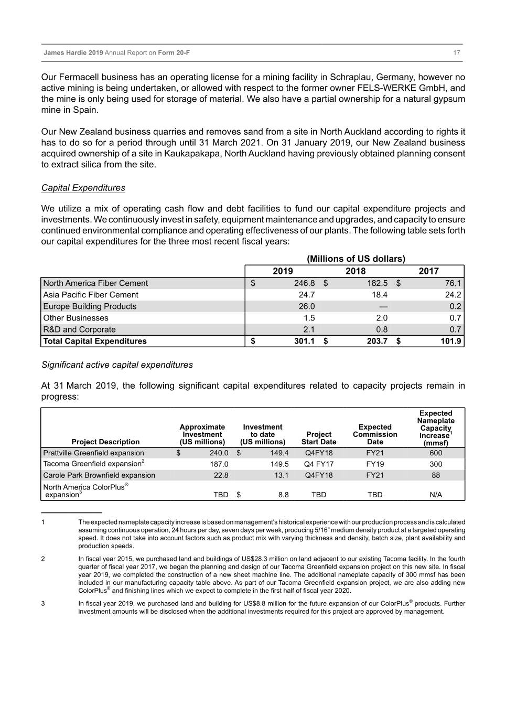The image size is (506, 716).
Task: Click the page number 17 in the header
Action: [x=456, y=53]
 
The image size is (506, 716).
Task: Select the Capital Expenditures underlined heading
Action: [x=83, y=188]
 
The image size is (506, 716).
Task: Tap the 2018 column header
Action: [x=356, y=271]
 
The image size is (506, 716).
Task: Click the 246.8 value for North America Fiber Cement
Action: [x=304, y=283]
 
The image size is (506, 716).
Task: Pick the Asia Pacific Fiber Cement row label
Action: [x=91, y=295]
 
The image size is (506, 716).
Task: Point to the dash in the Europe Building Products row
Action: [x=383, y=306]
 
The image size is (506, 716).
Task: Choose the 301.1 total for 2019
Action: [x=304, y=341]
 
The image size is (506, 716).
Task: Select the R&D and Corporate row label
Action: [x=79, y=329]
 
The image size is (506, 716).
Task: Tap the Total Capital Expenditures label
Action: [x=95, y=341]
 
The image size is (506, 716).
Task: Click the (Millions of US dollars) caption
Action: [x=356, y=259]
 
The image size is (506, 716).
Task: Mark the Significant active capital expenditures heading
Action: [x=117, y=365]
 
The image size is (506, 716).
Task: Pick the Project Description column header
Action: [x=105, y=442]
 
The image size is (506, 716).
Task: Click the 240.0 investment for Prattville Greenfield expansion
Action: [x=219, y=453]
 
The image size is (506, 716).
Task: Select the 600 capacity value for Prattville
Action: [x=435, y=453]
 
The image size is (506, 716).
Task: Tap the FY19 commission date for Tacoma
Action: [x=375, y=464]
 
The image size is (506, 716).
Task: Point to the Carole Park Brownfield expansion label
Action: [x=99, y=475]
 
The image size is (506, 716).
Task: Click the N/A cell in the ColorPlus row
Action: [x=435, y=495]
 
